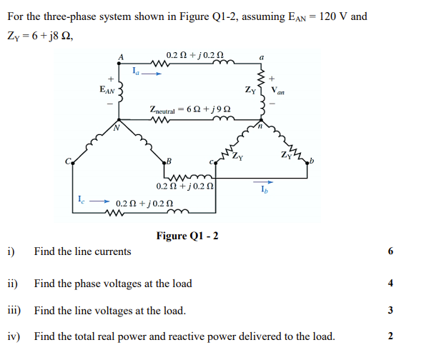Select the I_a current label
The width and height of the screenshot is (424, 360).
pyautogui.click(x=137, y=69)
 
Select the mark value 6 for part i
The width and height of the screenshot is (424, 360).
pyautogui.click(x=390, y=251)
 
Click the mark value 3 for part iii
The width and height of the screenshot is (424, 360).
pyautogui.click(x=390, y=311)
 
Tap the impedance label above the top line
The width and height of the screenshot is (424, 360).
pyautogui.click(x=194, y=56)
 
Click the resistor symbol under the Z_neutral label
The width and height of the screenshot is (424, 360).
pyautogui.click(x=162, y=120)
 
